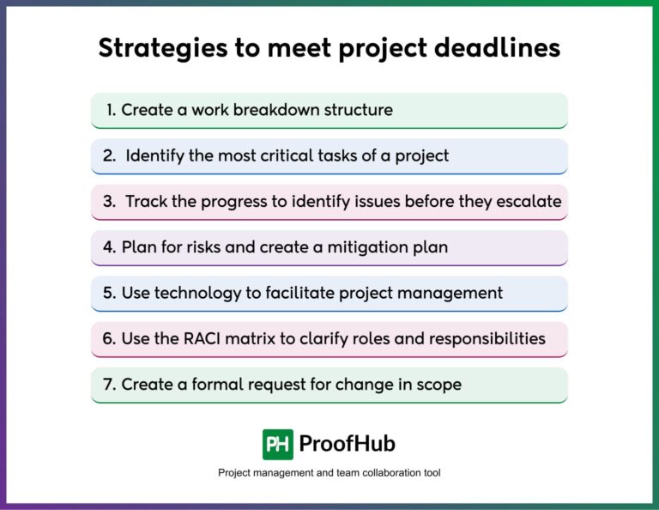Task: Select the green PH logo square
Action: (x=278, y=444)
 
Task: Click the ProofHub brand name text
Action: (x=347, y=444)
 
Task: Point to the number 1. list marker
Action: (x=111, y=110)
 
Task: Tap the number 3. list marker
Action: (x=109, y=202)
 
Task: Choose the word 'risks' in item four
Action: (x=216, y=247)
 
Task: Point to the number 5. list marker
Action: (x=110, y=293)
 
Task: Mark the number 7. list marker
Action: (x=110, y=385)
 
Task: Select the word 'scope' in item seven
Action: (x=439, y=385)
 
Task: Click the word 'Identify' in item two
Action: (x=155, y=156)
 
